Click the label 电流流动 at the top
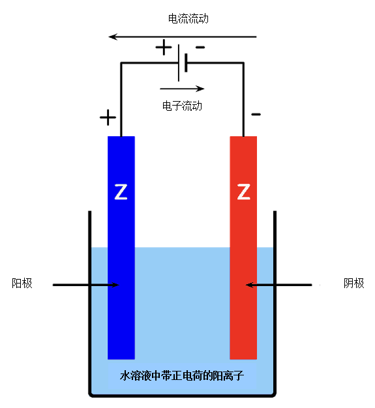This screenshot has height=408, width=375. click(188, 19)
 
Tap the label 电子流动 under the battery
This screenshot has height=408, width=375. click(182, 106)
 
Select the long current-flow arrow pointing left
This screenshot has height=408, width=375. click(183, 36)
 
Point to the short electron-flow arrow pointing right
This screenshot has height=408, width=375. click(183, 89)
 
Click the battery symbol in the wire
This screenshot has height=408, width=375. click(183, 63)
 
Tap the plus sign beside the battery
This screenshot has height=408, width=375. click(164, 47)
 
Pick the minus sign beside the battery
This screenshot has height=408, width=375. click(200, 47)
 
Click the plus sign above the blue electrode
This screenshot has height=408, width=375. click(108, 117)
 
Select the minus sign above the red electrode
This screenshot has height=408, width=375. click(256, 114)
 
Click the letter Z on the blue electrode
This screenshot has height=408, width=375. click(121, 192)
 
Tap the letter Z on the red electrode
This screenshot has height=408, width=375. click(243, 192)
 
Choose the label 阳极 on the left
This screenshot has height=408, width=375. click(22, 283)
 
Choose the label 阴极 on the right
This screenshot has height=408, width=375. click(353, 283)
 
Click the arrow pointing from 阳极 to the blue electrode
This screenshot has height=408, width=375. click(86, 285)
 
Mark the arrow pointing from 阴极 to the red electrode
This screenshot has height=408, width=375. click(279, 285)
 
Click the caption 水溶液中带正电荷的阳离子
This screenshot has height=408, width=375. click(182, 375)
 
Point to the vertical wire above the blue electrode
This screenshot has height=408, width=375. click(121, 100)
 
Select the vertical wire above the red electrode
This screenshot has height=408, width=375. click(243, 100)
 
